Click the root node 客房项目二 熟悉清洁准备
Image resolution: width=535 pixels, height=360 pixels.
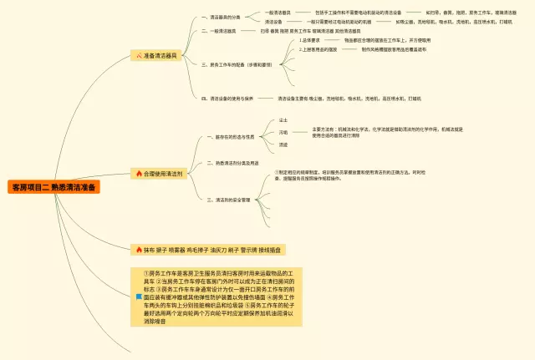(53, 187)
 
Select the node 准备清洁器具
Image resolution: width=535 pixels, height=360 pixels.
(160, 55)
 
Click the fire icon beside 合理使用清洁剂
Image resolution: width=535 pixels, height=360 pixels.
(139, 174)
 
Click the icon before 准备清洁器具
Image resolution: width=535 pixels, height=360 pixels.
(139, 55)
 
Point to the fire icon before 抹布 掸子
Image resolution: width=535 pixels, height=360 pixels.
(138, 249)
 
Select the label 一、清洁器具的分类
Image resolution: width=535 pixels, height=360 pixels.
(221, 16)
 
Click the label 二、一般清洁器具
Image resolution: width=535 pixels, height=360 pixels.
(219, 30)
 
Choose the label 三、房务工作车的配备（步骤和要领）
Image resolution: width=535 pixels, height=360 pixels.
(237, 63)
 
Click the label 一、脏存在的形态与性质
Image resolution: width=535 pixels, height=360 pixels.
(230, 136)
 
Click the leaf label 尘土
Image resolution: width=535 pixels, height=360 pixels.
(283, 121)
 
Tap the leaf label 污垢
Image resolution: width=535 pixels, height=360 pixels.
(283, 132)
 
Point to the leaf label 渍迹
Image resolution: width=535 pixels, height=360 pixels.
(283, 144)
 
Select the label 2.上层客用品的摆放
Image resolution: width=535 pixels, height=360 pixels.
(318, 49)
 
